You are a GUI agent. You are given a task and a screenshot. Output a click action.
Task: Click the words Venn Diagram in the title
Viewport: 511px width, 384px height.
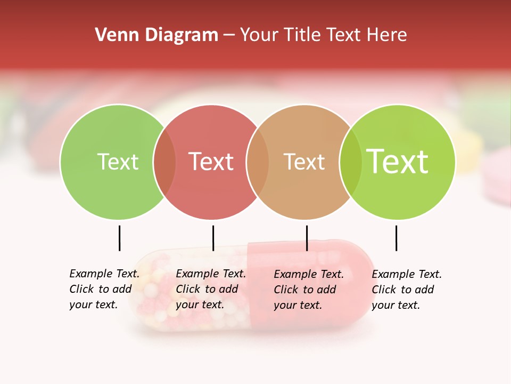(156, 35)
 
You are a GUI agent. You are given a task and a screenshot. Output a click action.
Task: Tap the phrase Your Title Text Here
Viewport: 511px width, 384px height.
(323, 35)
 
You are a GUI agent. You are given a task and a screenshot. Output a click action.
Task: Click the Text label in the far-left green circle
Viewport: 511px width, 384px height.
(118, 162)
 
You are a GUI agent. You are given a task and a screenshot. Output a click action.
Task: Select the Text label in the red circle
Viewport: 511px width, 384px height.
(211, 162)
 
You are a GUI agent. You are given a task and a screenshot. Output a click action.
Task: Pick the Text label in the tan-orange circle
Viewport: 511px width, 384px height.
(304, 162)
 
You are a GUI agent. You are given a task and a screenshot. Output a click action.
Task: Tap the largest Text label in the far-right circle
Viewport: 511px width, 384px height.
(398, 162)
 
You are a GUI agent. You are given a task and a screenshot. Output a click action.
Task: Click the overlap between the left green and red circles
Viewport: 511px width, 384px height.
(164, 162)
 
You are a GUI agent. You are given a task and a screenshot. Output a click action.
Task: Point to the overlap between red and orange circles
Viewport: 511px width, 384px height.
(258, 162)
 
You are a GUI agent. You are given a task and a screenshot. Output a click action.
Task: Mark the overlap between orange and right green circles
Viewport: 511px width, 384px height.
(350, 162)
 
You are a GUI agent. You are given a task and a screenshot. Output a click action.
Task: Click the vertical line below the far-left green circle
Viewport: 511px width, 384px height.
(119, 238)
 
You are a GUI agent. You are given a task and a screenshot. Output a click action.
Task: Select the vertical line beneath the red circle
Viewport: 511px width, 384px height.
(213, 238)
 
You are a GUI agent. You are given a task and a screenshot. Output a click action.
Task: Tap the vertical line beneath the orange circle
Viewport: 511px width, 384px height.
(307, 238)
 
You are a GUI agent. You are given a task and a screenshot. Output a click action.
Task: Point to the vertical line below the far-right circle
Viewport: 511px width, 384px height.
(396, 238)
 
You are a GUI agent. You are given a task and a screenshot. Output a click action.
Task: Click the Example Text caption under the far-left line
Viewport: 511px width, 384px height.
(104, 289)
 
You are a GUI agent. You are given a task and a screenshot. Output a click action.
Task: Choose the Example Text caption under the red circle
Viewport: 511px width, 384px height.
(210, 289)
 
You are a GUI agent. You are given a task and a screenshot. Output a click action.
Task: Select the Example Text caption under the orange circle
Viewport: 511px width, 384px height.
(308, 290)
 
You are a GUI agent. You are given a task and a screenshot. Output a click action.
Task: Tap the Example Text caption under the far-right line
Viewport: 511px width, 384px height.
(406, 290)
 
